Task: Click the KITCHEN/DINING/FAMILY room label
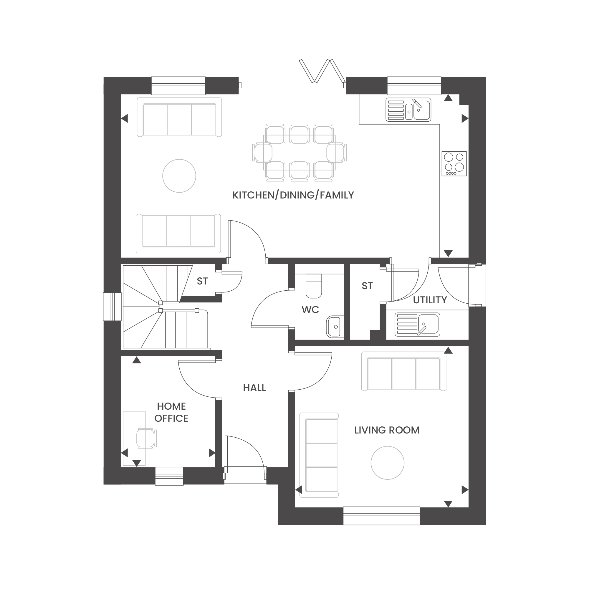coord(293,195)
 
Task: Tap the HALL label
coord(254,388)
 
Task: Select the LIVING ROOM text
coord(387,430)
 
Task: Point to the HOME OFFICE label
coord(171,412)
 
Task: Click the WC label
coord(310,310)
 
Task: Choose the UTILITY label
coord(430,300)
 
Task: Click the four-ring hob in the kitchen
coord(454,163)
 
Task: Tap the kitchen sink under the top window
coord(408,110)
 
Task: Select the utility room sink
coord(417,325)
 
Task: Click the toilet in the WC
coord(314,286)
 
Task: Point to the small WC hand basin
coord(335,327)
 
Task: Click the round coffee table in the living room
coord(388,463)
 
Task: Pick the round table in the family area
coord(179,176)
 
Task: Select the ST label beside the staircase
coord(202,281)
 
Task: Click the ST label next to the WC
coord(367,286)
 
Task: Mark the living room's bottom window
coord(382,516)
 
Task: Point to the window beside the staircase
coord(112,307)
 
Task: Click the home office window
coord(170,476)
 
